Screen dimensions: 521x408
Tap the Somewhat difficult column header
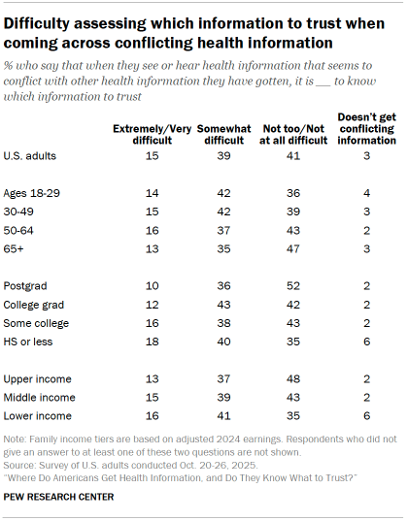click(x=224, y=134)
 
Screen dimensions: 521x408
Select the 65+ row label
click(x=19, y=247)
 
